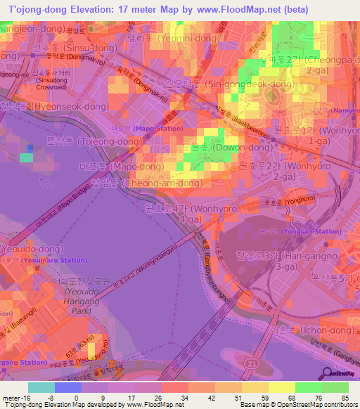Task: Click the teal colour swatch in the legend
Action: click(41, 387)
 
